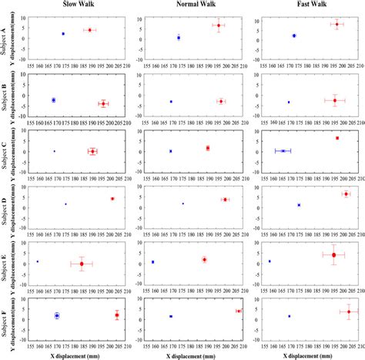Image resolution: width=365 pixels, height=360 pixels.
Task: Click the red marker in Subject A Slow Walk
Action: click(90, 30)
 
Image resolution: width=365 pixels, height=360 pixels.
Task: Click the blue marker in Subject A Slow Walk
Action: click(63, 34)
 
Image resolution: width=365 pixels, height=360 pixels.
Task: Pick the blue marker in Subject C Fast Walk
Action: click(283, 151)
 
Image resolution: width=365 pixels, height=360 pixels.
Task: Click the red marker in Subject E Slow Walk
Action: click(82, 264)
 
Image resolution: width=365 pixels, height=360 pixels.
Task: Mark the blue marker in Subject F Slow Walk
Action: click(57, 315)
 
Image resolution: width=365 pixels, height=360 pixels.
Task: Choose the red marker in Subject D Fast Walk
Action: click(346, 193)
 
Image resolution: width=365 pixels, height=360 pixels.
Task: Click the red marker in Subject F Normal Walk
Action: click(239, 311)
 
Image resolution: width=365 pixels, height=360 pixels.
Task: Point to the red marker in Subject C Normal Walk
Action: click(207, 148)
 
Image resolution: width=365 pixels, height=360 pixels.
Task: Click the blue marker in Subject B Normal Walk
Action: click(171, 102)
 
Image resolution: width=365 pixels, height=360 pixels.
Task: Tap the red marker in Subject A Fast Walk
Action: click(337, 25)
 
